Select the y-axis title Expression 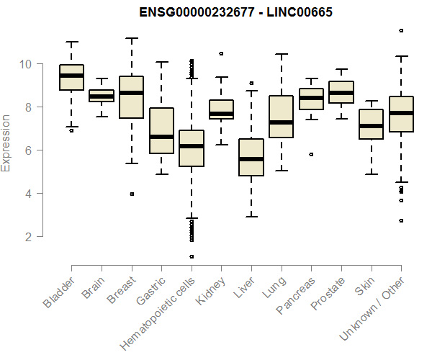click(x=6, y=143)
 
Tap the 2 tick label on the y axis click(x=26, y=237)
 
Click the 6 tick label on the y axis click(x=26, y=150)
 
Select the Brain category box click(x=101, y=96)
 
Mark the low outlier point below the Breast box click(x=131, y=194)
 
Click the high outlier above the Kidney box click(x=221, y=53)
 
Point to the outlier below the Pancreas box click(x=311, y=154)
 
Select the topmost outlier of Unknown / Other click(x=401, y=30)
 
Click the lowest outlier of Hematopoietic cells click(x=192, y=256)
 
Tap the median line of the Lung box click(x=281, y=122)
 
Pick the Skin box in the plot click(x=371, y=124)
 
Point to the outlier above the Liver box click(x=251, y=84)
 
